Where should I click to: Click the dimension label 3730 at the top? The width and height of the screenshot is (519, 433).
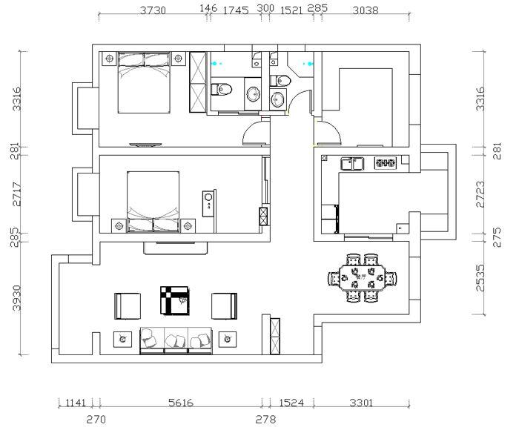(x=153, y=10)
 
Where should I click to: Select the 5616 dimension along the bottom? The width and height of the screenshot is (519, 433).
(x=181, y=403)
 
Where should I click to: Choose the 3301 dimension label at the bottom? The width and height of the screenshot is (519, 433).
(x=361, y=403)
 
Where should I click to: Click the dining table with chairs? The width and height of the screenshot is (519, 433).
(x=362, y=279)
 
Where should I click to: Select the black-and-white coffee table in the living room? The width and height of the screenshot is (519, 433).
(x=175, y=300)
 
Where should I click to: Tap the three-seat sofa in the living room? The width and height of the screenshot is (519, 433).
(x=176, y=340)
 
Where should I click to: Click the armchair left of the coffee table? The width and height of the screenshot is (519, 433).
(x=128, y=305)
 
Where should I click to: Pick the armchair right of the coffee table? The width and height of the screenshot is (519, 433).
(x=225, y=305)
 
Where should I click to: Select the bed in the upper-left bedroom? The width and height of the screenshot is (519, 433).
(x=145, y=82)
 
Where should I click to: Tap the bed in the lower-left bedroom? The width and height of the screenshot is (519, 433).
(x=153, y=202)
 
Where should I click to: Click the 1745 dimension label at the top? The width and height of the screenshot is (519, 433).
(x=235, y=10)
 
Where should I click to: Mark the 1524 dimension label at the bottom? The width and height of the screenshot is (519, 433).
(x=291, y=403)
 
